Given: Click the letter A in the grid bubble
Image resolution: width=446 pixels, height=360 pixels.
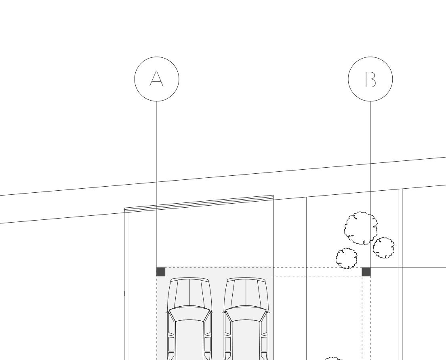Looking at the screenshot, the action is pos(156,79).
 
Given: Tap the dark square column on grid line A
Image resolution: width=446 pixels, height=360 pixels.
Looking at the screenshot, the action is pos(161,272).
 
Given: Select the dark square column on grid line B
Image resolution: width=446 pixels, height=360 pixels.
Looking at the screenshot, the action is pos(366,272).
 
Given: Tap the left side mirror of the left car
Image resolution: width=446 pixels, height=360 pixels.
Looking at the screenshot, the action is pos(167,312).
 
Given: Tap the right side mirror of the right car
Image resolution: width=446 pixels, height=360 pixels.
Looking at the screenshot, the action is pos(267,312).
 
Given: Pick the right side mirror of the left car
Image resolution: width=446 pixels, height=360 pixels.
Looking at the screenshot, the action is pos(211,312).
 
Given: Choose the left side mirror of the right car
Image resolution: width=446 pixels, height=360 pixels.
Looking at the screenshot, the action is pos(224,312).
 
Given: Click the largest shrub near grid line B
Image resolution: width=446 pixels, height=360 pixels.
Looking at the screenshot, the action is pos(361,228).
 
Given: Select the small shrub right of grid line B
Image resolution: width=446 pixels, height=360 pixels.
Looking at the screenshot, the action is pos(384,248).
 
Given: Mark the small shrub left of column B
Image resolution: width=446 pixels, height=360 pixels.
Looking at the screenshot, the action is pos(347,258).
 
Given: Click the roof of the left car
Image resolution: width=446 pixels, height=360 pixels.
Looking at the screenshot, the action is pos(189,339).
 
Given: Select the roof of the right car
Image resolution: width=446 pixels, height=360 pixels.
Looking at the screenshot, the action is pos(246,339).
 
